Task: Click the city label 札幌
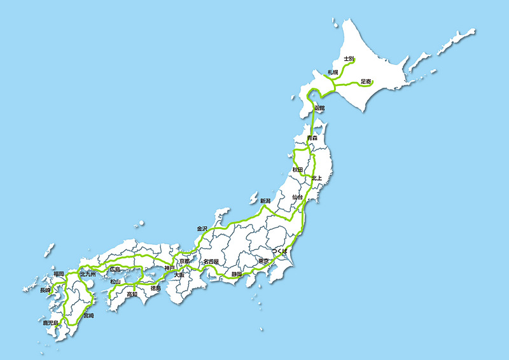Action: click(x=333, y=73)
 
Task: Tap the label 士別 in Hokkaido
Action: click(x=349, y=59)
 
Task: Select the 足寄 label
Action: click(x=366, y=81)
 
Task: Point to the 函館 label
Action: click(x=319, y=108)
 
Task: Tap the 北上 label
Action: click(x=317, y=178)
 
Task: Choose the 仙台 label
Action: click(x=297, y=198)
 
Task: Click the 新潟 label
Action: click(x=265, y=201)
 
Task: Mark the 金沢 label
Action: click(x=202, y=228)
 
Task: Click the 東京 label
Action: click(x=263, y=261)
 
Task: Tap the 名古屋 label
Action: click(x=211, y=261)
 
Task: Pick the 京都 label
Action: click(x=184, y=261)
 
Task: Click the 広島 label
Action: click(x=115, y=269)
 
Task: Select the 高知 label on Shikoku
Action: click(x=132, y=294)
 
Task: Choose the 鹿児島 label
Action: click(x=50, y=323)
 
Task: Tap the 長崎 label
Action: click(x=45, y=290)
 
